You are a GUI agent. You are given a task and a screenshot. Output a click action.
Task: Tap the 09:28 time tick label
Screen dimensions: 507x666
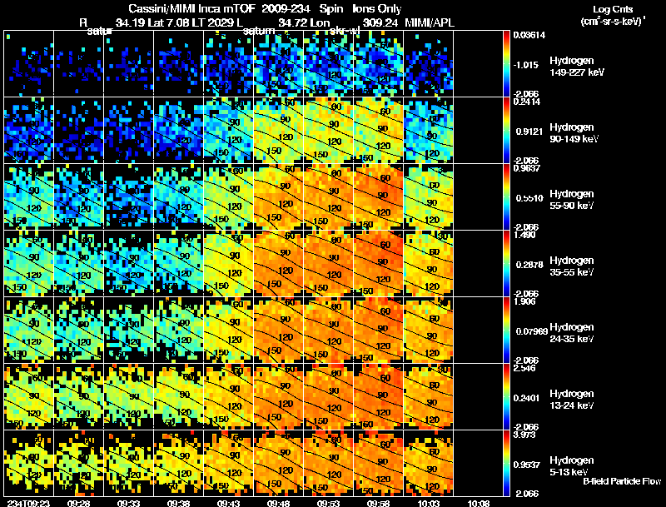pos(78,503)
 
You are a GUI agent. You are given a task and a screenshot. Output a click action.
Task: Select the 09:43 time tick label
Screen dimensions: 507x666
pos(228,503)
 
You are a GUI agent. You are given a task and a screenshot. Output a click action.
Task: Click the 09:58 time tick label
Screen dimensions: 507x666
pos(378,503)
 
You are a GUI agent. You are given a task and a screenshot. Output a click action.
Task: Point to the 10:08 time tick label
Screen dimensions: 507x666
pos(478,503)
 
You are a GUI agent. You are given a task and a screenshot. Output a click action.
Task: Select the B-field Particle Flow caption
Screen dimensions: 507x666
pos(622,481)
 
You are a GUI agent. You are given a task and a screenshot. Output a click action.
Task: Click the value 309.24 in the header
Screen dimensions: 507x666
pos(372,22)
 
